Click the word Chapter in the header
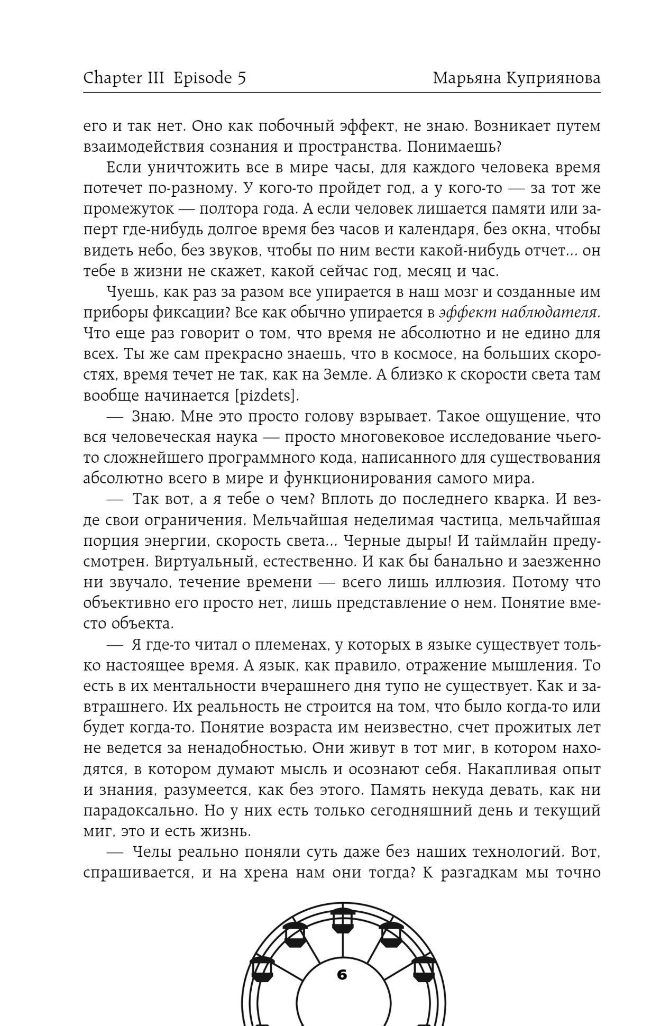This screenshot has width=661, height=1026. pos(113,78)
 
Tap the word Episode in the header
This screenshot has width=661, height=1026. pos(204,78)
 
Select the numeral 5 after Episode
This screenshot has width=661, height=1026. pos(242,78)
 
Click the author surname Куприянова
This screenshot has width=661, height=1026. pos(553,78)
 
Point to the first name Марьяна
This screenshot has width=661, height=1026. pos(466,78)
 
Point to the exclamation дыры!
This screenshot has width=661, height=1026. pos(426,541)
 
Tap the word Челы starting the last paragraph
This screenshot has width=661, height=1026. pos(153,852)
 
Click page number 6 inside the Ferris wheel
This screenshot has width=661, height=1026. pos(342,975)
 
